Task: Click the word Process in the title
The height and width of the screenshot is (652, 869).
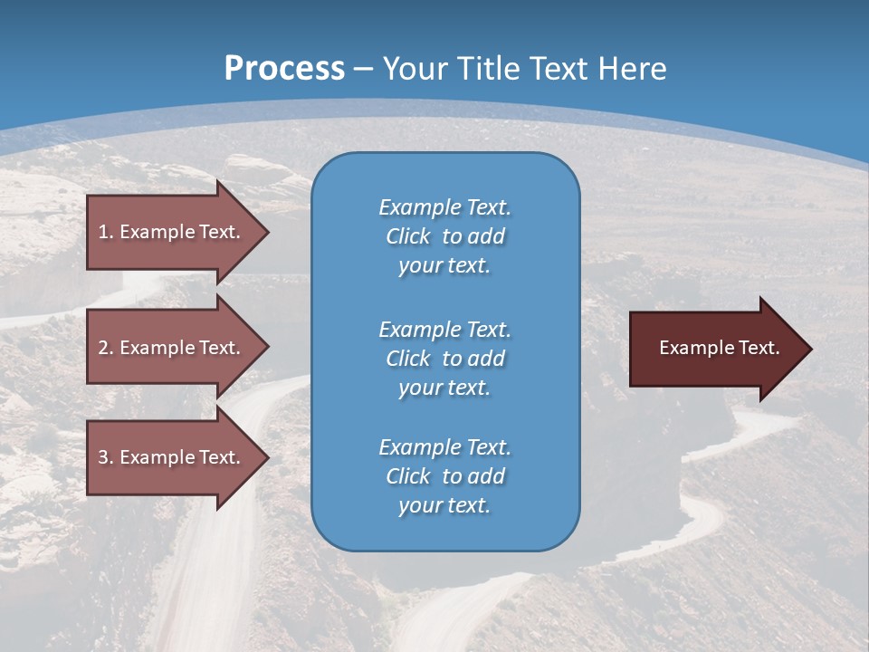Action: [284, 69]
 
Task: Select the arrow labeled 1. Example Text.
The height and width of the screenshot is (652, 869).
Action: [169, 232]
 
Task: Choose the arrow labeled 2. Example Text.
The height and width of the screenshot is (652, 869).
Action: [169, 348]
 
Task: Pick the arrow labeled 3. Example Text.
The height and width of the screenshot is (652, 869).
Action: [169, 457]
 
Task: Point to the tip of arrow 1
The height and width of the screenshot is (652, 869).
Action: [267, 232]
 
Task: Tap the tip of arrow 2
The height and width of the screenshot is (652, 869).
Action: [267, 348]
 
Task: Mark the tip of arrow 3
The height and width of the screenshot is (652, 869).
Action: [267, 457]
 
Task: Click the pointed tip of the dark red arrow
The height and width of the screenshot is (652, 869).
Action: [810, 349]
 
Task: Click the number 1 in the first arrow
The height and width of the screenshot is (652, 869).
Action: [103, 232]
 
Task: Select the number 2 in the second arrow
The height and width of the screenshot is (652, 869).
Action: [103, 348]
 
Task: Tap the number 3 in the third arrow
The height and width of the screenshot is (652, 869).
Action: [103, 457]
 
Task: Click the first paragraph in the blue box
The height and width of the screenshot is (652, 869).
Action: [444, 236]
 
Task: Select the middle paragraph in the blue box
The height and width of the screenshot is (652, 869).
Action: [444, 359]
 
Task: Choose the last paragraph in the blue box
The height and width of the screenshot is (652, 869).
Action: [444, 476]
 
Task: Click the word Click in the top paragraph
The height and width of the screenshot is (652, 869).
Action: [407, 236]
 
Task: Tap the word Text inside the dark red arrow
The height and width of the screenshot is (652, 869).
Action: [759, 348]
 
